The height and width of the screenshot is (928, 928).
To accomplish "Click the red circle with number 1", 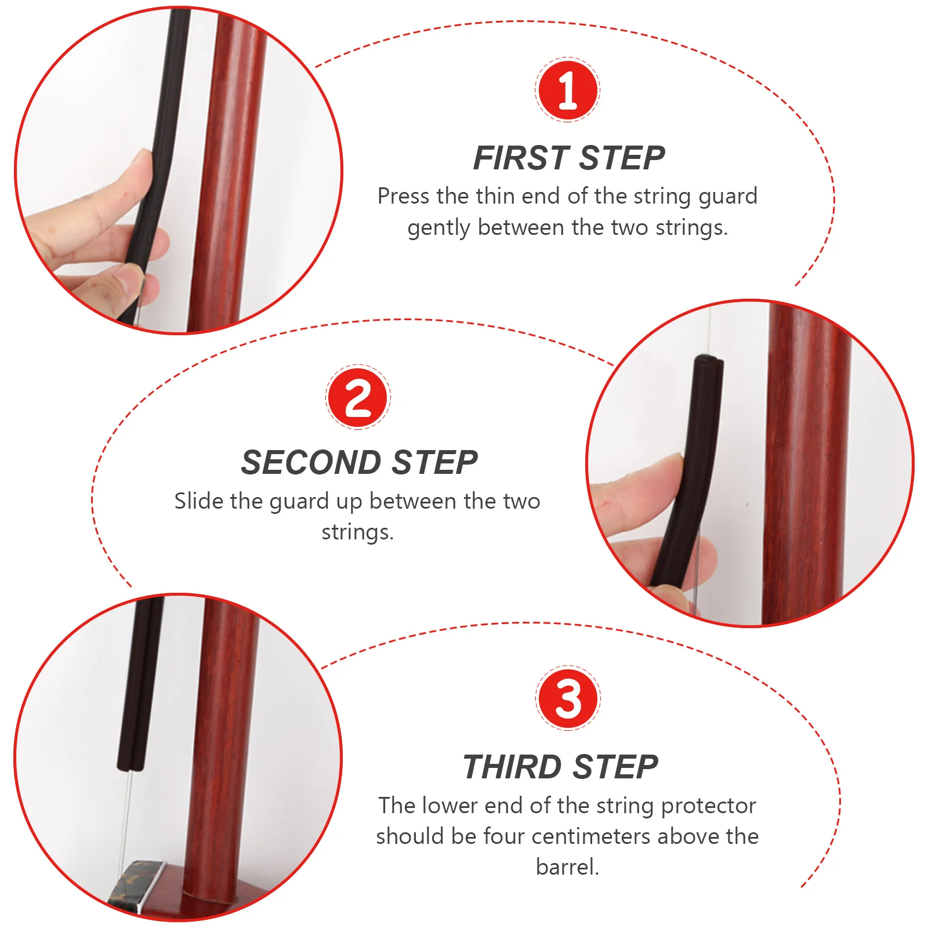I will [x=567, y=90].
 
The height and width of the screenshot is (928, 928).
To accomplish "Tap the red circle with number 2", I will [x=358, y=397].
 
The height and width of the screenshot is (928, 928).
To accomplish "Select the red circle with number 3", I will [x=568, y=698].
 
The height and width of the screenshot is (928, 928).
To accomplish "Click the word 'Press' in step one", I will [x=404, y=196].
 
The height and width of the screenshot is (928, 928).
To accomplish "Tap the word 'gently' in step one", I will [x=438, y=228].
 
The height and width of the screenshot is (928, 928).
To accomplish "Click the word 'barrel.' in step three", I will [x=567, y=867].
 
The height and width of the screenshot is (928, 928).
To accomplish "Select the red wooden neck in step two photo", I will [x=806, y=464].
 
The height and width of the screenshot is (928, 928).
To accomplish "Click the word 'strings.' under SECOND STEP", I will [x=358, y=532].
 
